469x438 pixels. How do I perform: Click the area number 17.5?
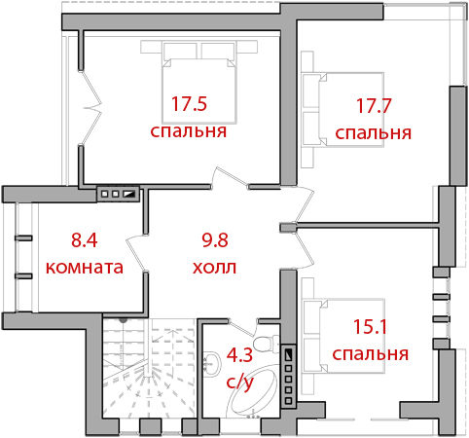(x=189, y=104)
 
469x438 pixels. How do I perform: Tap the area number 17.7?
(x=374, y=106)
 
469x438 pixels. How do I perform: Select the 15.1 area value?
(x=370, y=326)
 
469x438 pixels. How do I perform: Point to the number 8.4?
(x=85, y=240)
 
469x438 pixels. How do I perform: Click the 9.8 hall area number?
(x=215, y=240)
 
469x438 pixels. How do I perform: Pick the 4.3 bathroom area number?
(x=239, y=354)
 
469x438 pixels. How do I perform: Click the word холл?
(x=214, y=268)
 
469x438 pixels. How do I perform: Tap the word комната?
(x=85, y=268)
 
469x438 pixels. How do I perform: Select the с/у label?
(x=239, y=382)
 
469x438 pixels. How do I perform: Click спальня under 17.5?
(x=189, y=131)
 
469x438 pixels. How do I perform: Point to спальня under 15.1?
(x=370, y=353)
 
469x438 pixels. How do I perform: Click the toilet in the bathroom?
(x=266, y=344)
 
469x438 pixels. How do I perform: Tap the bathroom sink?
(x=212, y=363)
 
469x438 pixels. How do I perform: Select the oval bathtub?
(x=254, y=390)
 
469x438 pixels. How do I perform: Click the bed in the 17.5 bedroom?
(x=199, y=82)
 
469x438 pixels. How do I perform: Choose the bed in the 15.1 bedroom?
(x=343, y=336)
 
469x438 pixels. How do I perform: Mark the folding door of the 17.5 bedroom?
(x=90, y=107)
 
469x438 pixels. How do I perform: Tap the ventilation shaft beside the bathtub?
(x=288, y=375)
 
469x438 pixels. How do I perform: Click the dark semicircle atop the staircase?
(x=124, y=320)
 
